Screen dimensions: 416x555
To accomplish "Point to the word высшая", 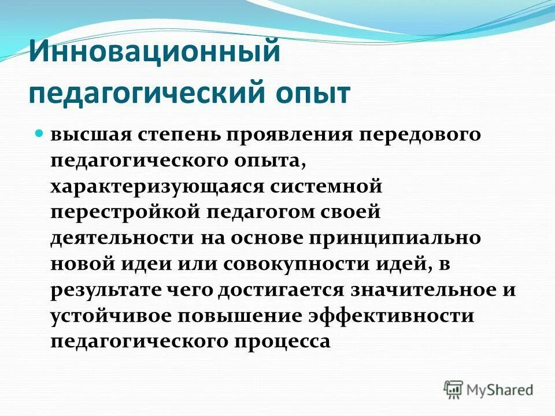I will point(89,135).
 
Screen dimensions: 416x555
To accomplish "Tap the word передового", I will point(417,135).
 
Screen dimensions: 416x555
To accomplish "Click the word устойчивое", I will point(110,315).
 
